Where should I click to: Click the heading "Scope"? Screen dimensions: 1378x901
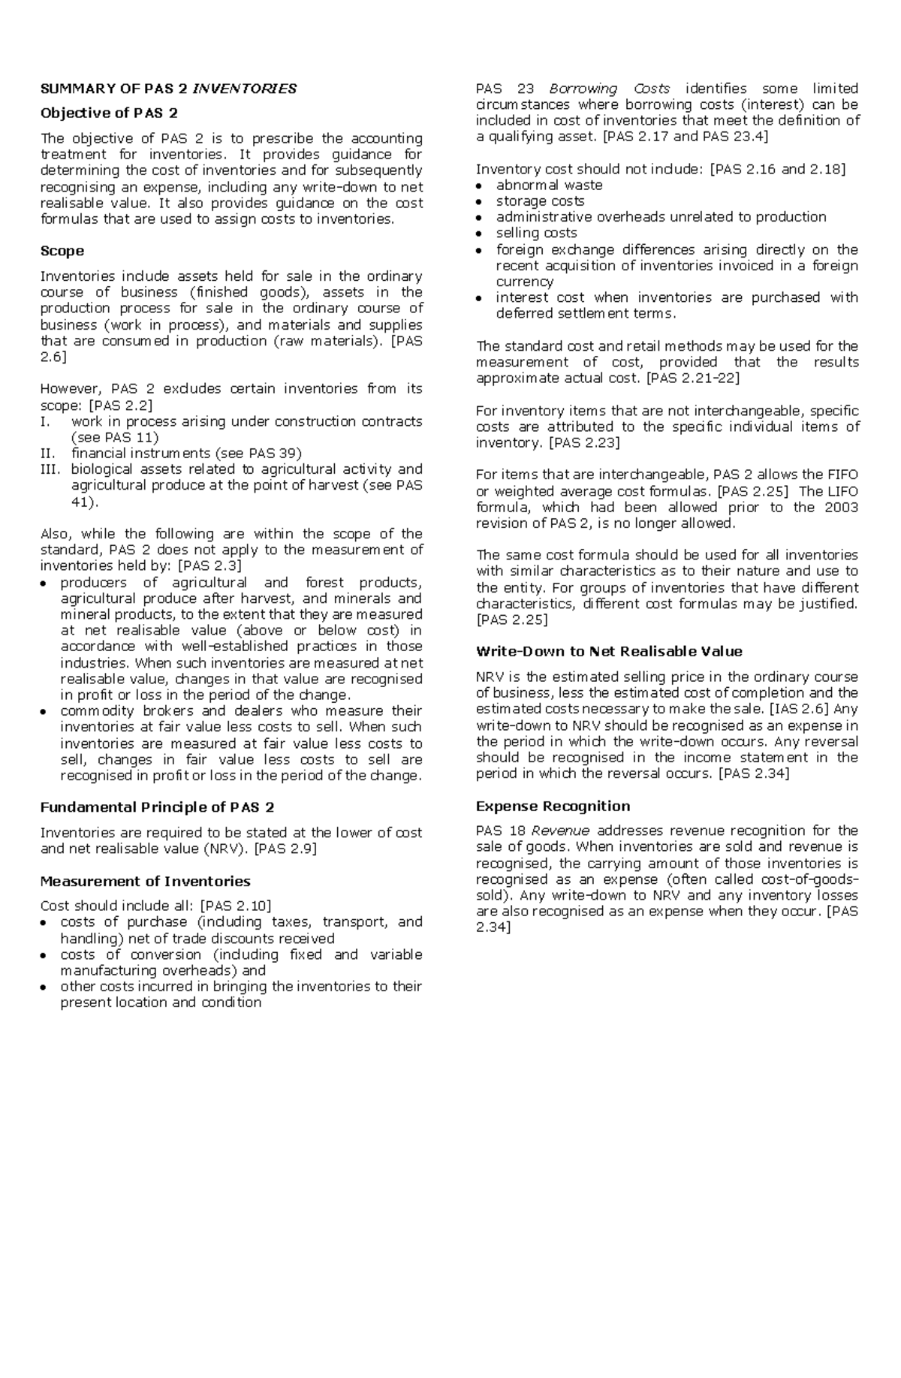(62, 251)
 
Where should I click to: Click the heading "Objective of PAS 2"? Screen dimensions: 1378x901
(109, 113)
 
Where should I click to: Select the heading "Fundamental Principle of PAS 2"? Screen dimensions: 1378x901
(157, 807)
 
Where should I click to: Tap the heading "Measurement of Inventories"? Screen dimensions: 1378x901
(145, 881)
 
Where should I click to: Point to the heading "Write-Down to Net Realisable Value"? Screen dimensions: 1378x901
(609, 651)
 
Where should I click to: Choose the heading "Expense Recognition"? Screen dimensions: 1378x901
(553, 806)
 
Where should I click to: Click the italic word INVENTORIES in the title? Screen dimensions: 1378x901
(245, 89)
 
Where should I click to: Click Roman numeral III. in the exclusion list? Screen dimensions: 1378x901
(49, 469)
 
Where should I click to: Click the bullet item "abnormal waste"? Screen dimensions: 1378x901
(549, 185)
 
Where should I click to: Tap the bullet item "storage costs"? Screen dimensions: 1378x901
(540, 201)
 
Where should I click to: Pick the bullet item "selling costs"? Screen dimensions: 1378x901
(536, 233)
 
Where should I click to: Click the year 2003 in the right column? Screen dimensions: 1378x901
(841, 507)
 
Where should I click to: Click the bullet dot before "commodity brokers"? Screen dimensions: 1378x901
(44, 711)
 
